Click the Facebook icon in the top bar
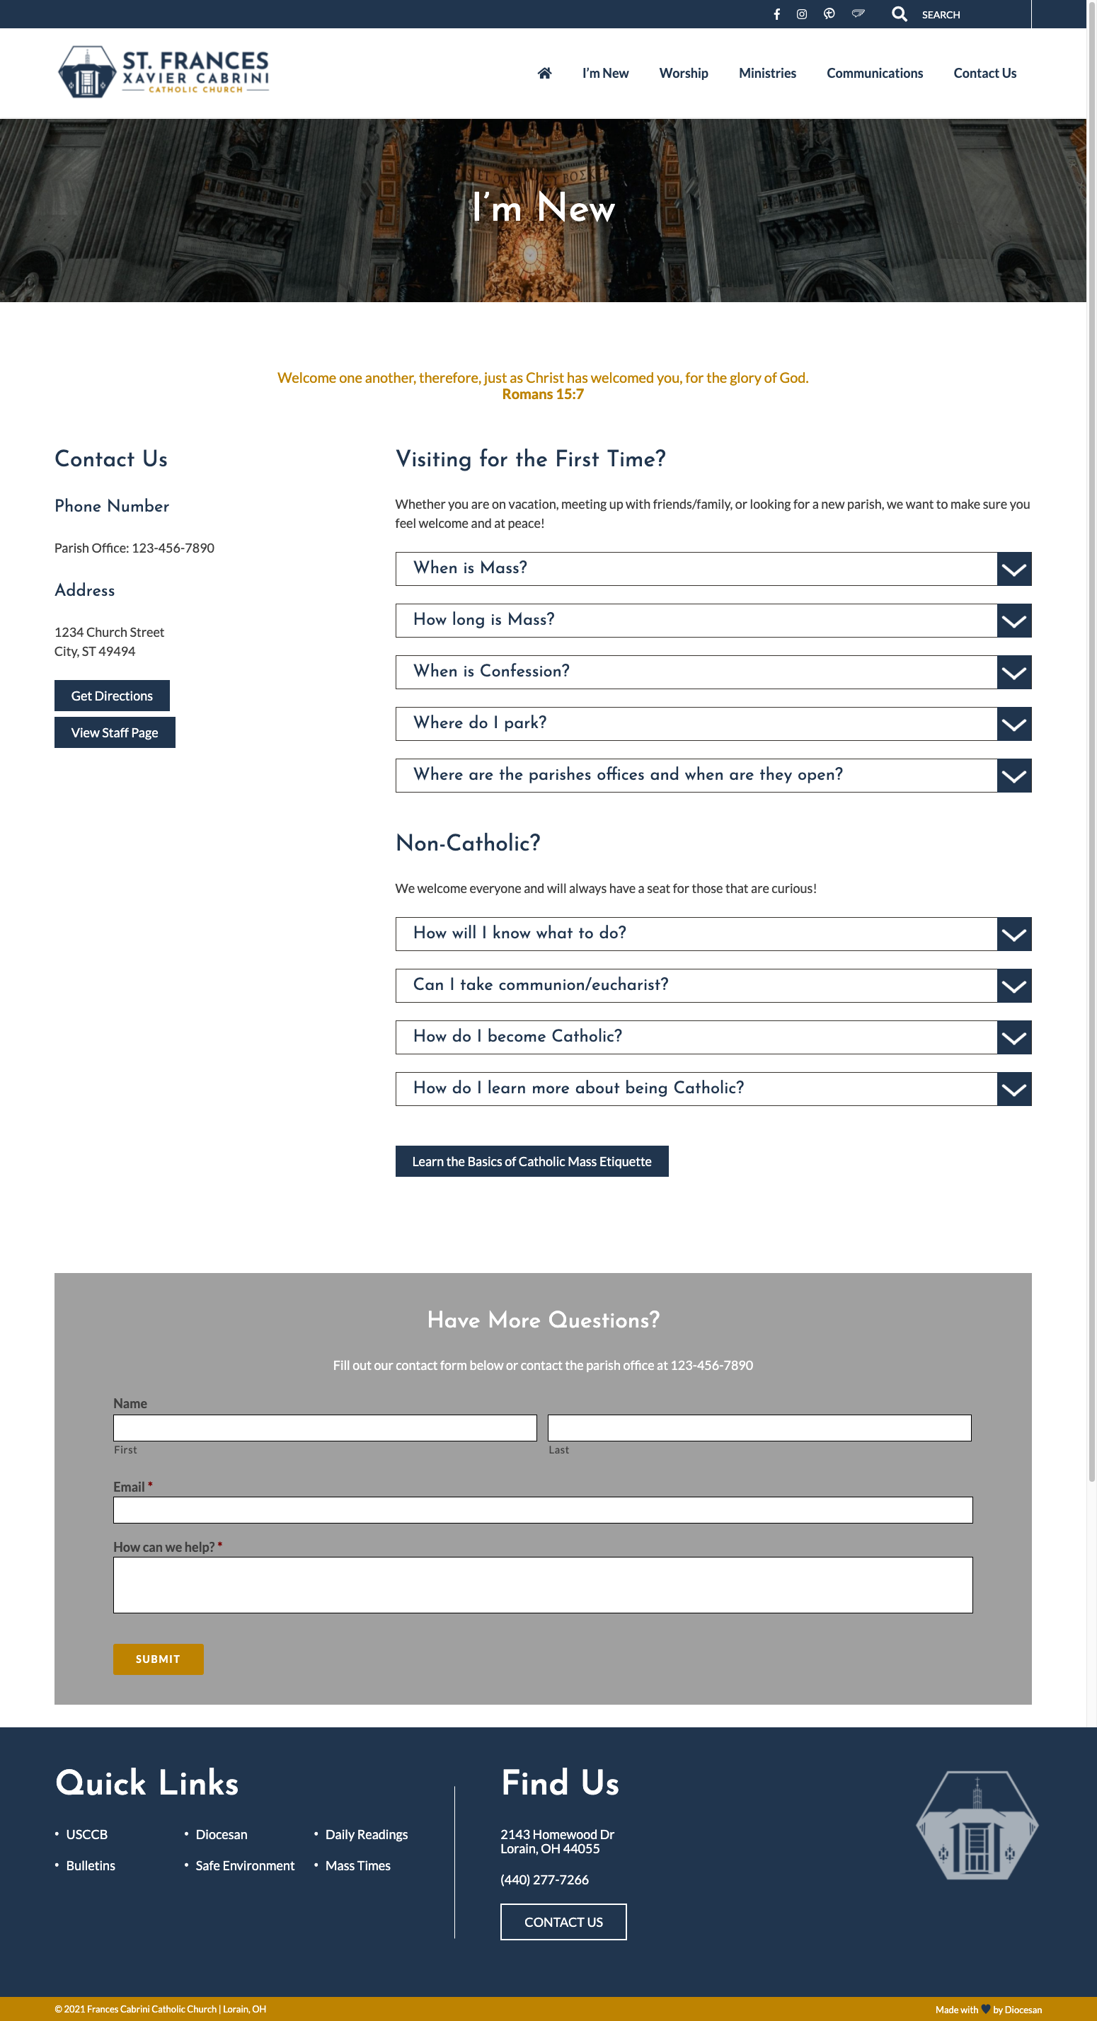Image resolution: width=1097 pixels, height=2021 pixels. coord(776,14)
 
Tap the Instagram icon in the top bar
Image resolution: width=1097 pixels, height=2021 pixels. coord(801,14)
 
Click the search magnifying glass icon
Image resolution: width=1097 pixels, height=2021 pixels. coord(900,14)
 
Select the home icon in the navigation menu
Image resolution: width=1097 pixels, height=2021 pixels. coord(544,73)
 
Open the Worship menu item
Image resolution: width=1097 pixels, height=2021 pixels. coord(684,73)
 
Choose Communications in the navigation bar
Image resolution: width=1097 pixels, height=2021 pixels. coord(874,73)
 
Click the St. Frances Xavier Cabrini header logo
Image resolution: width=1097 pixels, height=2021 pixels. coord(164,71)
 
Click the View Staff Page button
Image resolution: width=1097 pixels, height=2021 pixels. coord(115,732)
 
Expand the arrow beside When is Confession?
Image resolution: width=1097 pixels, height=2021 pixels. coord(1013,672)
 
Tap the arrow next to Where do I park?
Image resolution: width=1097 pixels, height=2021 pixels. coord(1013,724)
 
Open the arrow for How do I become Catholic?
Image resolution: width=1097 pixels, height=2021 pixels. coord(1013,1037)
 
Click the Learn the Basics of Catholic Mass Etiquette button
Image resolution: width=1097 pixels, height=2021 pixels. coord(532,1161)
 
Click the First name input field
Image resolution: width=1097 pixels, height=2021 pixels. coord(325,1427)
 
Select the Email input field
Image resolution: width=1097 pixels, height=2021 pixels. coord(542,1509)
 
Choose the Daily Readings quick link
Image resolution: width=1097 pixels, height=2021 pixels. coord(367,1834)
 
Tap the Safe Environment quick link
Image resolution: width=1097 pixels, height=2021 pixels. coord(245,1865)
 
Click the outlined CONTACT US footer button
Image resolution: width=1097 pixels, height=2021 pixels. coord(563,1921)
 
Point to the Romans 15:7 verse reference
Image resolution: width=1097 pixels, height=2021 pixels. coord(542,395)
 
